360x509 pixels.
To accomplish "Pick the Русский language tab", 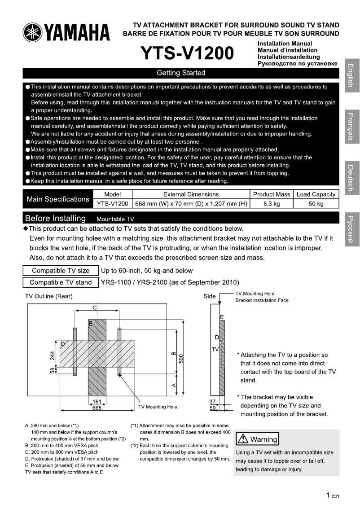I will point(352,229).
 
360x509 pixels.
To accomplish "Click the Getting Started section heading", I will point(181,73).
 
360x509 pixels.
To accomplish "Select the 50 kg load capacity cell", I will point(316,204).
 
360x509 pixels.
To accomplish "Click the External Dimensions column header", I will point(191,194).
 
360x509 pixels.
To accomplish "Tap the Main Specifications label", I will point(57,199).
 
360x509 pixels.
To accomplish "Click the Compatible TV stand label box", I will point(61,282).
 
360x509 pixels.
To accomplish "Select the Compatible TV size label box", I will point(61,271).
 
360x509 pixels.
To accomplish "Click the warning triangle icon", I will point(243,438).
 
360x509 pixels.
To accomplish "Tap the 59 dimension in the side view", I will point(213,408).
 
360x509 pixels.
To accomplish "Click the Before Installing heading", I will point(55,219).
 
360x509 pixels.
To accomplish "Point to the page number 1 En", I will point(332,496).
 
